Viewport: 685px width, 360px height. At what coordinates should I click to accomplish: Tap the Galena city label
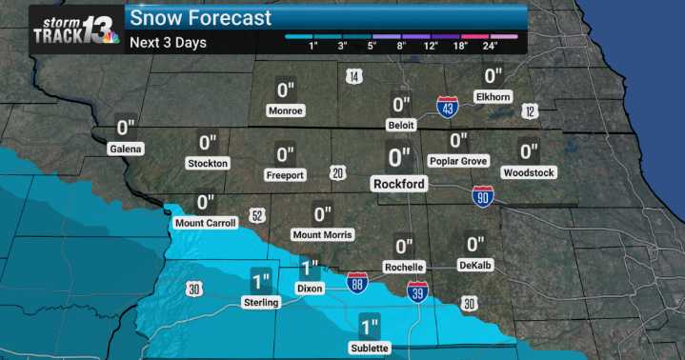126,150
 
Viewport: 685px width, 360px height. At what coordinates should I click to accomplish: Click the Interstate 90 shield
483,196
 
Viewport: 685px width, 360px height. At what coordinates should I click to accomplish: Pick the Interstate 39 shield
416,293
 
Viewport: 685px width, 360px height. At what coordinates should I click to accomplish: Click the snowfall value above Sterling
261,281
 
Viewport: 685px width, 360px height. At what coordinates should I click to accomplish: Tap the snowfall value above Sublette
370,327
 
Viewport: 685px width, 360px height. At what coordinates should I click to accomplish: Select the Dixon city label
310,288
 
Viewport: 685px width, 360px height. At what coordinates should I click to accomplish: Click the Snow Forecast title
201,18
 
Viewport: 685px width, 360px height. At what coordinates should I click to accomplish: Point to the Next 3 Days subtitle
168,43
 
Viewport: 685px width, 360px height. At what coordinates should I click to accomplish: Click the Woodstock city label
529,172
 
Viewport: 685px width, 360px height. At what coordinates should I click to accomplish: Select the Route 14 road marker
353,76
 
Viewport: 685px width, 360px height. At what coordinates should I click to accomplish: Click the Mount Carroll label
206,224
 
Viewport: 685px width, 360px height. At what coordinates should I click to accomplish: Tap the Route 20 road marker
337,172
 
